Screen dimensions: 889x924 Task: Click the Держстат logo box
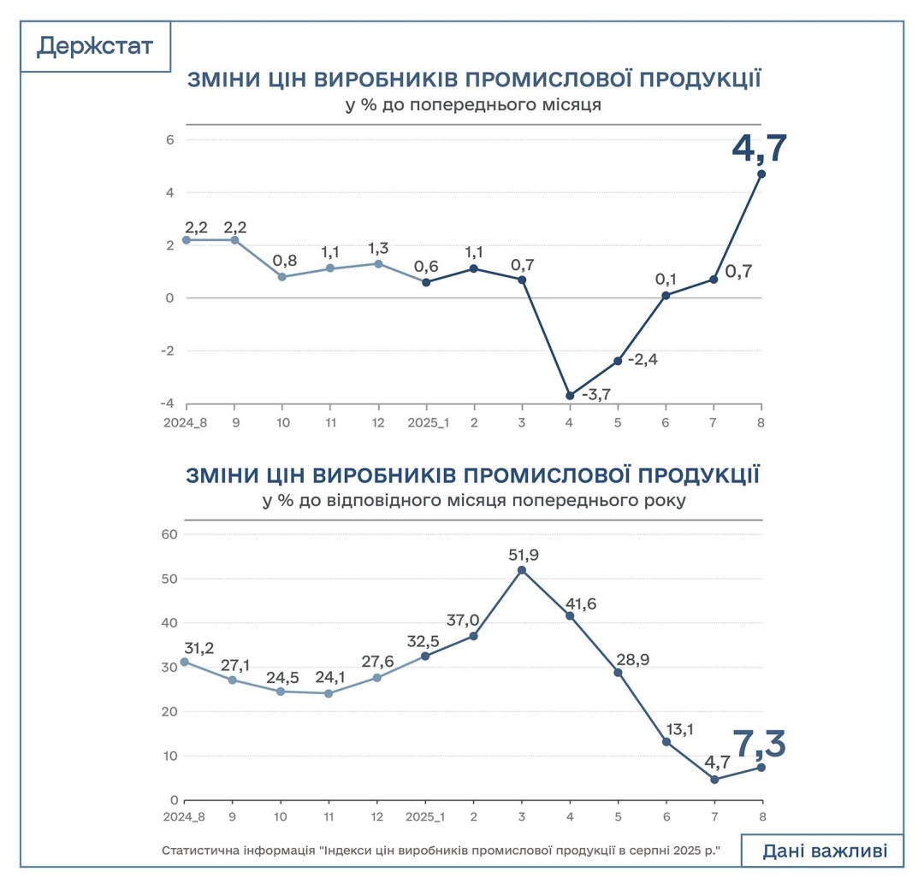pos(95,46)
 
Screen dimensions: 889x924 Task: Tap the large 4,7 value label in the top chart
pos(759,149)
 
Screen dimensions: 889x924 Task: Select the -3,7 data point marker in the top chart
pos(570,395)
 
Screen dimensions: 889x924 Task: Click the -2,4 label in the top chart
pos(642,359)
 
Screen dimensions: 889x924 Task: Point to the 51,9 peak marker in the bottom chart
pos(522,570)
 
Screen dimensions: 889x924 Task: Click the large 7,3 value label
pos(758,744)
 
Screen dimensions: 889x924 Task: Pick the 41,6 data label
pos(581,603)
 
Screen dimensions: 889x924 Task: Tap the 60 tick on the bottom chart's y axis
pos(169,534)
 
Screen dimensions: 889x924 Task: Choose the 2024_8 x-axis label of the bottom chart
pos(184,817)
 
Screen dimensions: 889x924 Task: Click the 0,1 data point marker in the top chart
pos(666,295)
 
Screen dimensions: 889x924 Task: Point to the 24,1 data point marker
pos(329,693)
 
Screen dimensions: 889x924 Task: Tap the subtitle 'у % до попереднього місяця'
pos(473,106)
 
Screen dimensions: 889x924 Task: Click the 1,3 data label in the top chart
pos(377,248)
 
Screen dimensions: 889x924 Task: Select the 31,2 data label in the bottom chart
pos(200,647)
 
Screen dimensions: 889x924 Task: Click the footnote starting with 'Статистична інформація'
pos(441,851)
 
